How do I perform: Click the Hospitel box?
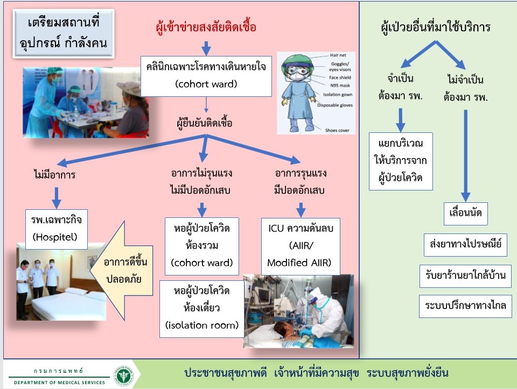pyautogui.click(x=57, y=229)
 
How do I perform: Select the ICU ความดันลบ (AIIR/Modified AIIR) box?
pyautogui.click(x=301, y=246)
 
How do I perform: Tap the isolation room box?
pyautogui.click(x=202, y=309)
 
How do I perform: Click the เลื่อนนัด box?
pyautogui.click(x=465, y=214)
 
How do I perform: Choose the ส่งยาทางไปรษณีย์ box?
pyautogui.click(x=465, y=244)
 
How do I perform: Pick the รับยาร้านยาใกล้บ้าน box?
pyautogui.click(x=465, y=275)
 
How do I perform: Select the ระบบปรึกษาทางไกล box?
pyautogui.click(x=465, y=306)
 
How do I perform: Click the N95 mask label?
pyautogui.click(x=340, y=86)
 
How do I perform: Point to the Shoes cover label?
pyautogui.click(x=337, y=130)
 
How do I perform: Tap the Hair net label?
pyautogui.click(x=338, y=55)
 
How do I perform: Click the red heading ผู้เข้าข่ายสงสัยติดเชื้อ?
pyautogui.click(x=206, y=27)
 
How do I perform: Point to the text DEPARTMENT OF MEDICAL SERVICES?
pyautogui.click(x=59, y=383)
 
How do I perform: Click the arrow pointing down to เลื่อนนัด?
pyautogui.click(x=465, y=155)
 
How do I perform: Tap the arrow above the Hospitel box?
pyautogui.click(x=57, y=197)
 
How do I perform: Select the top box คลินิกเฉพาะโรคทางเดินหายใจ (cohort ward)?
pyautogui.click(x=206, y=76)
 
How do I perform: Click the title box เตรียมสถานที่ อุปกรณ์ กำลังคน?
pyautogui.click(x=64, y=33)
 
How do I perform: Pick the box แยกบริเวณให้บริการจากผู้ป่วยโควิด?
pyautogui.click(x=401, y=161)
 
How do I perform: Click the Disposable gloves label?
pyautogui.click(x=334, y=105)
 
